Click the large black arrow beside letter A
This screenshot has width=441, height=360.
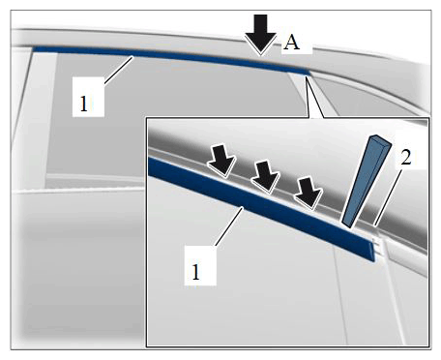(260, 35)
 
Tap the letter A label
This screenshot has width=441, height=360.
(291, 43)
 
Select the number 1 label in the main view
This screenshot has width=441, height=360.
(84, 104)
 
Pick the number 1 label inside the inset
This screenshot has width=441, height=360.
(195, 272)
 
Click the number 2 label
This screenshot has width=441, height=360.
(406, 158)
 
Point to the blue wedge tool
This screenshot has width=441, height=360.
(367, 181)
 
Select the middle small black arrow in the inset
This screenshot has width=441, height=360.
(266, 177)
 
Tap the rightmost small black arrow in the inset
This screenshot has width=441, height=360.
(309, 193)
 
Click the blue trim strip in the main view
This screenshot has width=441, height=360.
(171, 57)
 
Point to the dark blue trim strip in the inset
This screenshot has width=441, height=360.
(261, 206)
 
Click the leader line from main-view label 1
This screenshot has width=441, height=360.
(118, 70)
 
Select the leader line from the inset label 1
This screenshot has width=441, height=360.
(229, 226)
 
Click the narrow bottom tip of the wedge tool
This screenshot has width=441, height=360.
(346, 225)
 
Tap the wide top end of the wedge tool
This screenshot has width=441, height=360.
(380, 139)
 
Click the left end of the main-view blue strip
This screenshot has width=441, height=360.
(35, 49)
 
